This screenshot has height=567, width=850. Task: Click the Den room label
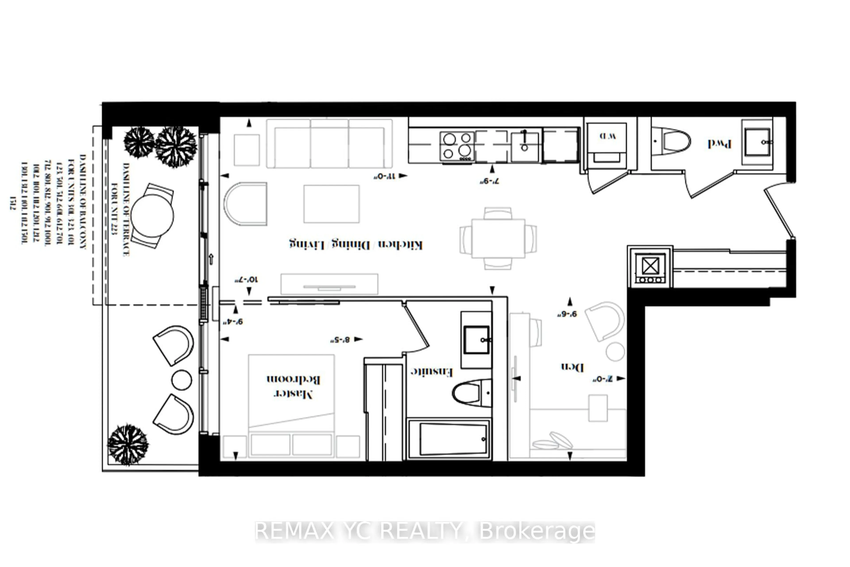tap(572, 367)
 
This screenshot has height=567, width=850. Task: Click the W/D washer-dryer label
tap(607, 136)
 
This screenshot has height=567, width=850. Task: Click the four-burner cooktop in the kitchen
tap(457, 146)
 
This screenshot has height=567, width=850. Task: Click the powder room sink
tap(757, 142)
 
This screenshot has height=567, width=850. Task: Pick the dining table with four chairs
tap(498, 238)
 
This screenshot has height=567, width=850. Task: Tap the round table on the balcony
tap(152, 216)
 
